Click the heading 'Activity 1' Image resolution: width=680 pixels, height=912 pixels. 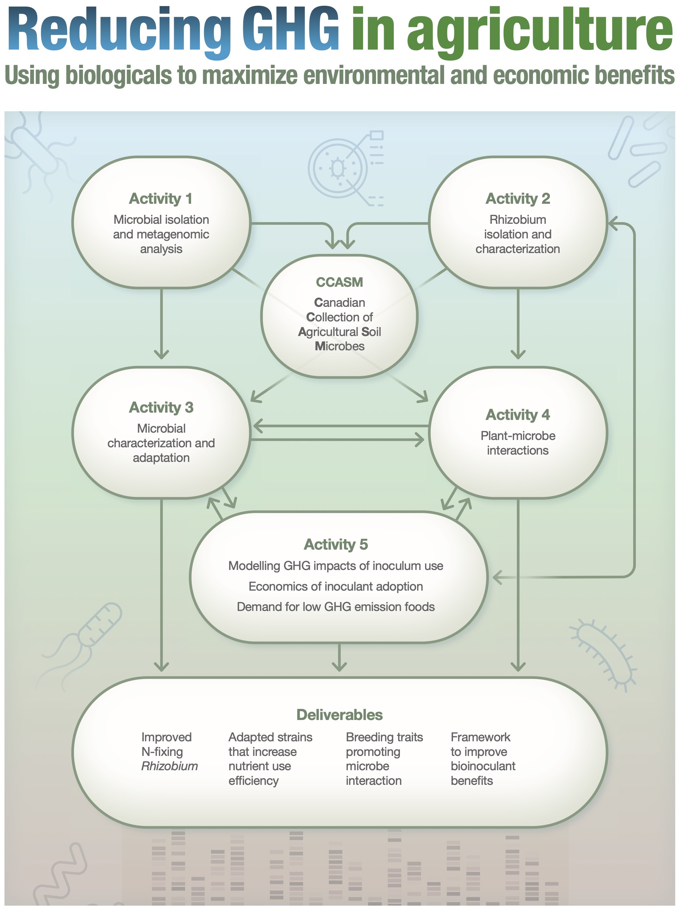click(x=161, y=199)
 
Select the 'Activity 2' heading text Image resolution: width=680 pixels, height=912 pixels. click(x=518, y=199)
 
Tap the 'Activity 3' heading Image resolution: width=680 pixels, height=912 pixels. click(x=161, y=408)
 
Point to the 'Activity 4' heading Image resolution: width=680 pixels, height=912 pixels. click(x=518, y=415)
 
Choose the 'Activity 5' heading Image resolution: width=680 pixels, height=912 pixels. click(x=336, y=545)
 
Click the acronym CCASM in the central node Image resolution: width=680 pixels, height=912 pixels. click(x=339, y=282)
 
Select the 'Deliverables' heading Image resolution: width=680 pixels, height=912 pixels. click(x=339, y=715)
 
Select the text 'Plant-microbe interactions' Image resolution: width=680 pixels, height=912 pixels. click(x=518, y=443)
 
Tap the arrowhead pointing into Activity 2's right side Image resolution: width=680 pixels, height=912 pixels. click(x=613, y=224)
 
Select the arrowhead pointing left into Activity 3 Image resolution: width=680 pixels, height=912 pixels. click(x=257, y=426)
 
